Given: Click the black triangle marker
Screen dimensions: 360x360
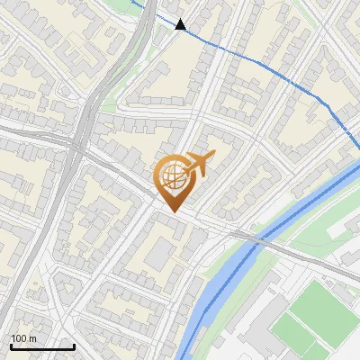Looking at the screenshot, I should click(x=181, y=24).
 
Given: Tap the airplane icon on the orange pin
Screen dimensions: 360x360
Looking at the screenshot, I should click(x=199, y=164).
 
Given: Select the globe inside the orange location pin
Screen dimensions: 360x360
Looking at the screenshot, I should click(x=172, y=175).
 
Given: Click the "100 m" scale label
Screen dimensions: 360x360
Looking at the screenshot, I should click(x=22, y=338).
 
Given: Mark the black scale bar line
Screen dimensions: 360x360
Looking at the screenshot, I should click(x=42, y=346).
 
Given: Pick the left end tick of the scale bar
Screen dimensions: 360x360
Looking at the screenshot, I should click(x=11, y=345).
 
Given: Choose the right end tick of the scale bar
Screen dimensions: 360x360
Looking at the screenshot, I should click(x=74, y=345).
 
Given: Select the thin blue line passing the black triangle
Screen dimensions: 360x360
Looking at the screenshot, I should click(x=252, y=56).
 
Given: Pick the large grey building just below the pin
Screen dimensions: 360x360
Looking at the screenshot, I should click(x=159, y=255).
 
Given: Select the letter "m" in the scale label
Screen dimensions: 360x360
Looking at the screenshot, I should click(x=31, y=338).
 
